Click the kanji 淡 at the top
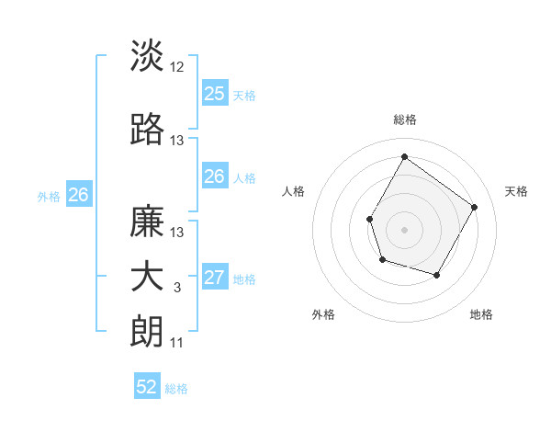[x=148, y=56]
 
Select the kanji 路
[x=148, y=131]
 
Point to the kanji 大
[x=148, y=278]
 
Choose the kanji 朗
[x=148, y=332]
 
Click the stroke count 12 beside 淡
[x=177, y=67]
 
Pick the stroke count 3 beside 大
[x=177, y=288]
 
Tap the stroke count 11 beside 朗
[x=177, y=343]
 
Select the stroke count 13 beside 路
[x=177, y=141]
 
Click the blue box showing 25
[x=214, y=94]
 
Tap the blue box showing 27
[x=214, y=279]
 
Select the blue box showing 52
[x=147, y=388]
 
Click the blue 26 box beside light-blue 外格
[x=78, y=195]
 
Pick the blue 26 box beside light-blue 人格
[x=214, y=176]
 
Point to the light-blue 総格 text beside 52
[x=176, y=389]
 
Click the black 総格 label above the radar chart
[x=404, y=119]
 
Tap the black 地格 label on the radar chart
[x=481, y=314]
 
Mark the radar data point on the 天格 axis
[x=474, y=207]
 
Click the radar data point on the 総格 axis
[x=404, y=156]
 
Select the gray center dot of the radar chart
[x=404, y=229]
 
